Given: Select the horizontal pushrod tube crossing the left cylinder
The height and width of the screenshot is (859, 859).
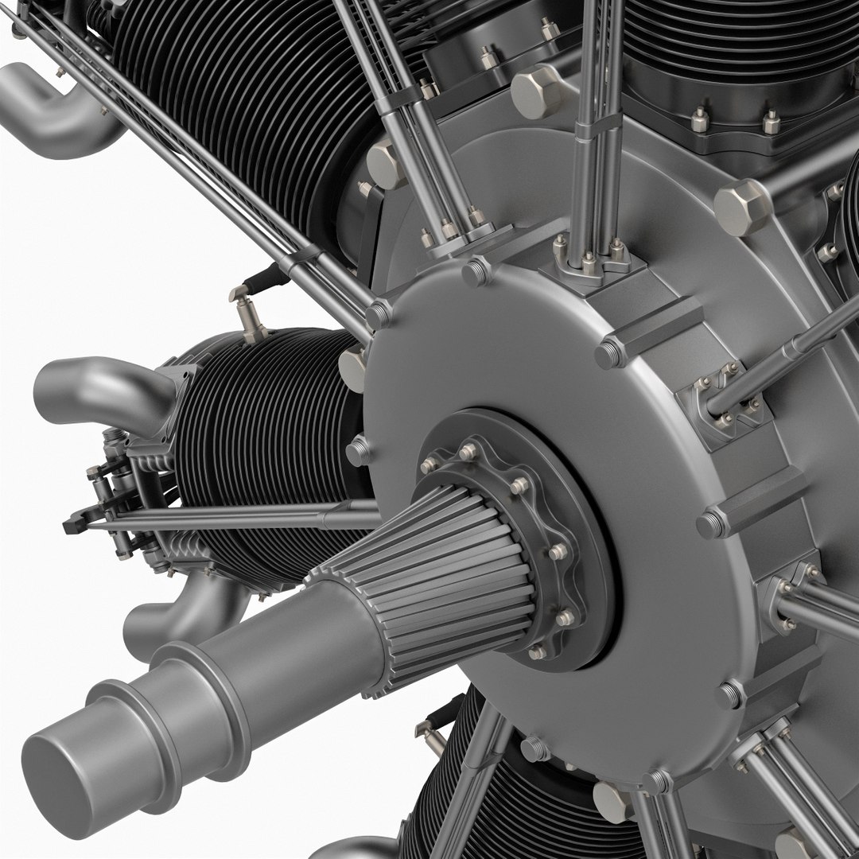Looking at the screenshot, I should [239, 519].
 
